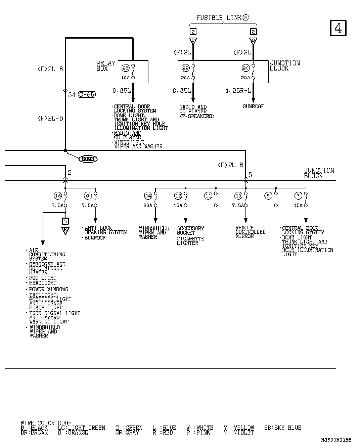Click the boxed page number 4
pyautogui.click(x=338, y=28)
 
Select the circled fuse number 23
pyautogui.click(x=125, y=68)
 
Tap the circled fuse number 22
pyautogui.click(x=185, y=68)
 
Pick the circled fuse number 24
pyautogui.click(x=245, y=68)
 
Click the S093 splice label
pyautogui.click(x=88, y=159)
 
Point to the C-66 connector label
pyautogui.click(x=87, y=95)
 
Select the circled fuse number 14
pyautogui.click(x=148, y=196)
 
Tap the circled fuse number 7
pyautogui.click(x=298, y=196)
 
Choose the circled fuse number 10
pyautogui.click(x=238, y=196)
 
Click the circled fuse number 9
pyautogui.click(x=88, y=196)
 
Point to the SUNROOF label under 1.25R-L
pyautogui.click(x=253, y=106)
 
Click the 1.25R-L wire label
pyautogui.click(x=238, y=91)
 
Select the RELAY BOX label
pyautogui.click(x=106, y=66)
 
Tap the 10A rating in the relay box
pyautogui.click(x=125, y=78)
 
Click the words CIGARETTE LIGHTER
pyautogui.click(x=190, y=241)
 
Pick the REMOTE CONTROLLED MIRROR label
pyautogui.click(x=250, y=232)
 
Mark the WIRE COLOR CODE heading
pyautogui.click(x=46, y=423)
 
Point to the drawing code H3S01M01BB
pyautogui.click(x=336, y=440)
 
